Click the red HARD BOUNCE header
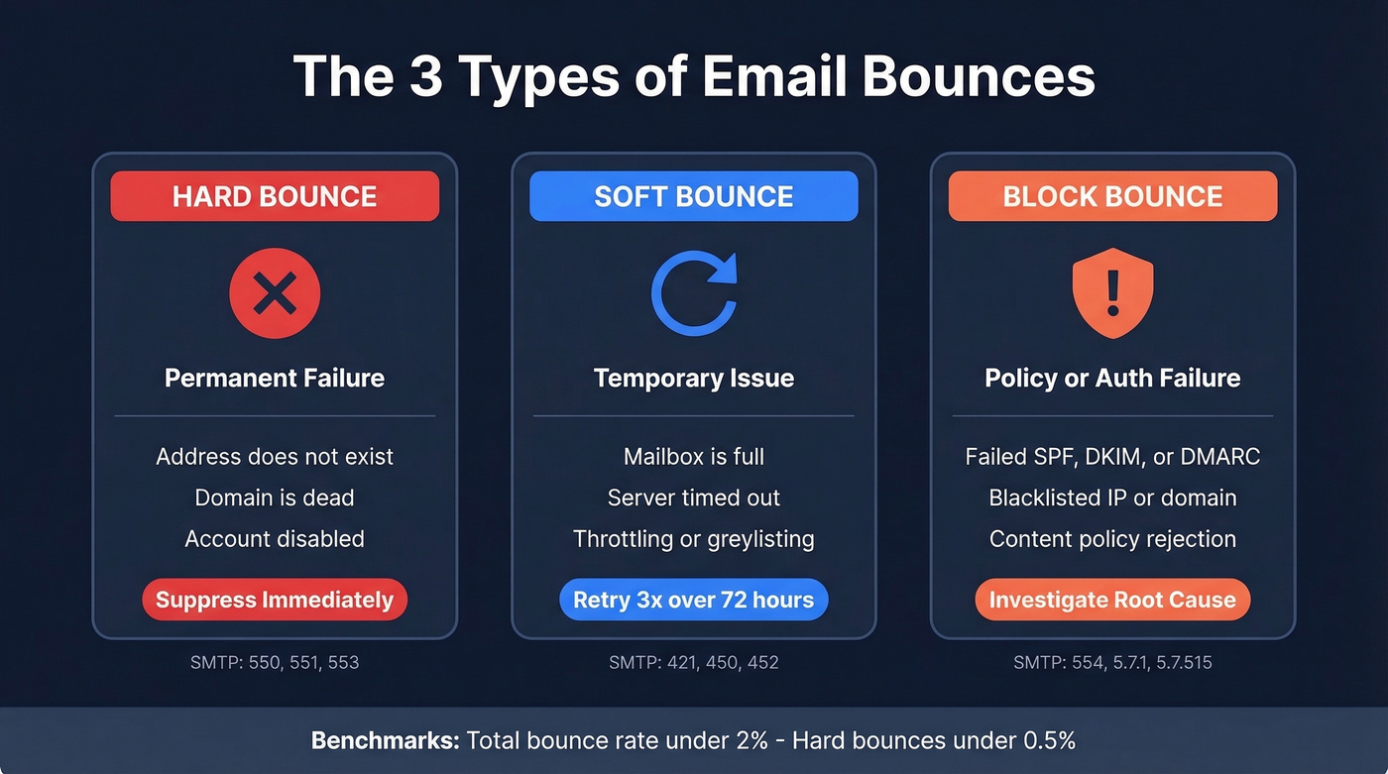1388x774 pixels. [x=275, y=196]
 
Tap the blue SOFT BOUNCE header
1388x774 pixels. [x=693, y=196]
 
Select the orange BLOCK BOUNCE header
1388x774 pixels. [x=1112, y=196]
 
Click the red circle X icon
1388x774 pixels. [x=275, y=293]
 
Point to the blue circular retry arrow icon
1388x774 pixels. [x=693, y=293]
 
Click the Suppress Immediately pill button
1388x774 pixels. [x=275, y=600]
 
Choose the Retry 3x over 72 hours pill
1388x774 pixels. [x=693, y=600]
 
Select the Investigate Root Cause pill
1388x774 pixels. [x=1112, y=600]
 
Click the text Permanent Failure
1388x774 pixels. [x=275, y=378]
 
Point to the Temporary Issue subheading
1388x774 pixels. [x=693, y=378]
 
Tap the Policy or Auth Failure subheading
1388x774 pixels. [x=1112, y=378]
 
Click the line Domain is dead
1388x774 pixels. [x=275, y=498]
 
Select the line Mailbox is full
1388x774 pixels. [x=693, y=457]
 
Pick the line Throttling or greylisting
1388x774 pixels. [x=693, y=539]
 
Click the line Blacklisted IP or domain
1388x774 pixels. [x=1112, y=498]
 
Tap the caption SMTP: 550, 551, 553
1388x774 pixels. [x=275, y=662]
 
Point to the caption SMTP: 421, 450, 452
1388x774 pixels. [x=693, y=662]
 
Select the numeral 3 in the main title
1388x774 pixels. [x=425, y=76]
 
